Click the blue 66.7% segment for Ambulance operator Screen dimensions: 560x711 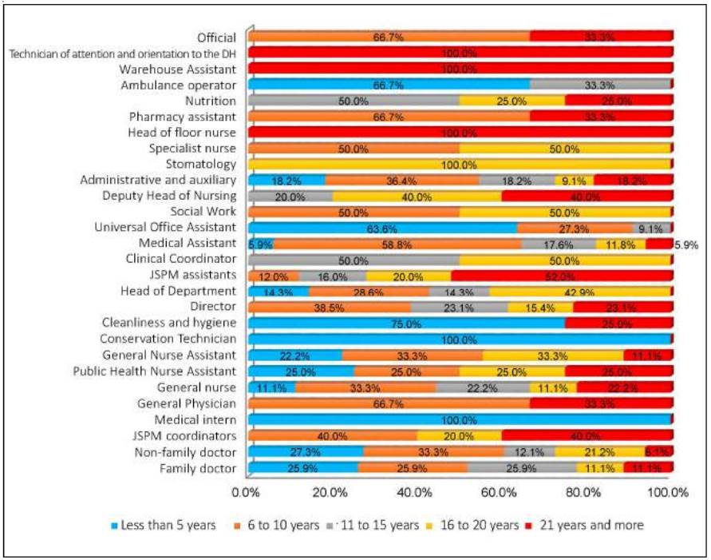(389, 85)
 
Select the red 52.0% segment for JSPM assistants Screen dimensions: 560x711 (562, 276)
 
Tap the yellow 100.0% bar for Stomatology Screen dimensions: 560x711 (459, 165)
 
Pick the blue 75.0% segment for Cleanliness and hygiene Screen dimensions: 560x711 (406, 324)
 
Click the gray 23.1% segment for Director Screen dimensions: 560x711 (459, 308)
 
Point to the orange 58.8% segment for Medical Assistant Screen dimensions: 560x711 (397, 244)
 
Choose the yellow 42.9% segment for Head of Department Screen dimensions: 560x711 (580, 292)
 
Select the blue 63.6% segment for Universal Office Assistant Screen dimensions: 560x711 (382, 228)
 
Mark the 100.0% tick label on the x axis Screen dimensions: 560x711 (668, 493)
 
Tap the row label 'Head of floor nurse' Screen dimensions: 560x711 (182, 133)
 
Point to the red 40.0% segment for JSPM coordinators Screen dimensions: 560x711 (587, 436)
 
